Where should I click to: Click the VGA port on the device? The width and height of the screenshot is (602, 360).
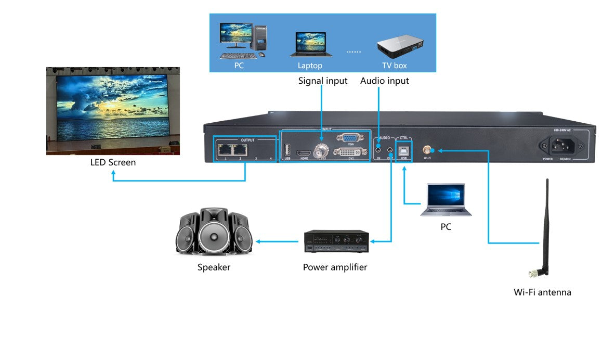[x=347, y=138]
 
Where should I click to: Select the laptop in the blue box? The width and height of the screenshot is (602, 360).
[x=310, y=45]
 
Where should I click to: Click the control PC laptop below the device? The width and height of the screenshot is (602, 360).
[x=446, y=200]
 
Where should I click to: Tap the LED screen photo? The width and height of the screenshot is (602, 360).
[x=113, y=111]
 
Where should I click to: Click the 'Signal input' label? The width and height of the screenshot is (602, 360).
[x=322, y=81]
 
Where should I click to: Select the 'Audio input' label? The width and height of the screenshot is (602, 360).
[x=384, y=81]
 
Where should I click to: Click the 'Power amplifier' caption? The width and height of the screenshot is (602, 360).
[x=335, y=267]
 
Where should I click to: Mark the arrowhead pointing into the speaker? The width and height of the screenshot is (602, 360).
[x=257, y=241]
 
